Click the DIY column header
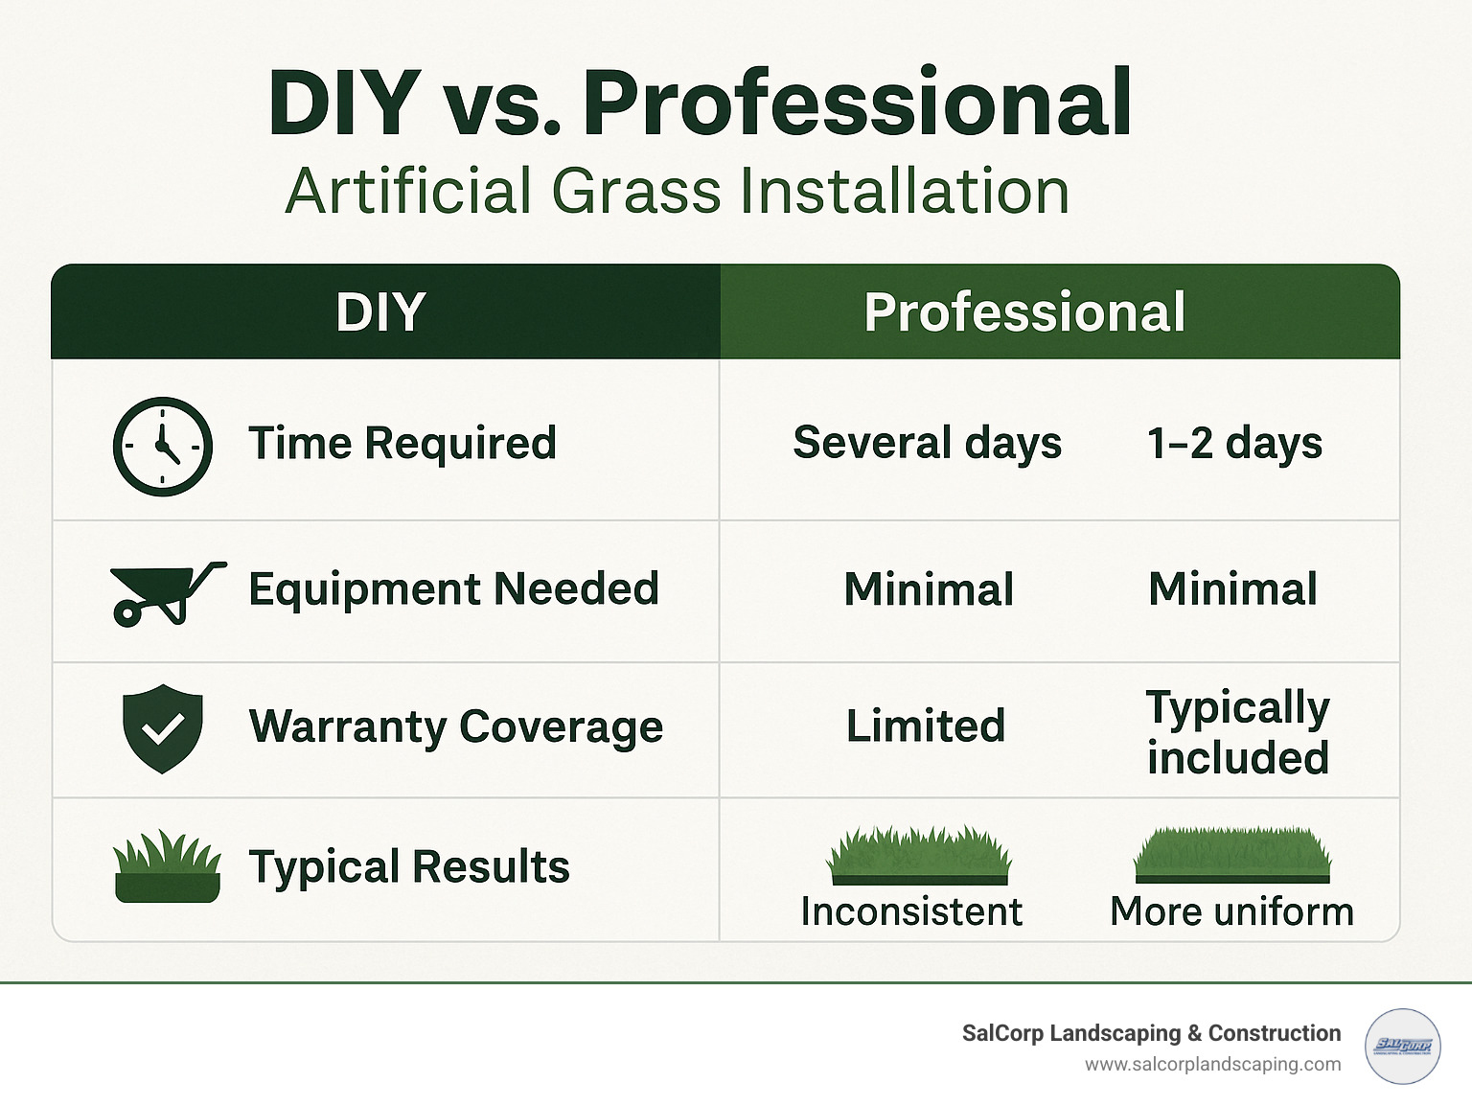pyautogui.click(x=380, y=312)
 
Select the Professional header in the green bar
pyautogui.click(x=1024, y=312)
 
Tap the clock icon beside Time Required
pyautogui.click(x=163, y=446)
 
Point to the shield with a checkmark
pyautogui.click(x=163, y=728)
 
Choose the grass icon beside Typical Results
pyautogui.click(x=167, y=867)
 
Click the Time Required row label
pyautogui.click(x=402, y=444)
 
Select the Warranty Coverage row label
pyautogui.click(x=455, y=726)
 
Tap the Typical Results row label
pyautogui.click(x=409, y=867)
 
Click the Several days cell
pyautogui.click(x=927, y=444)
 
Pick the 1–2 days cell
pyautogui.click(x=1234, y=444)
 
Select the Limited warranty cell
pyautogui.click(x=926, y=726)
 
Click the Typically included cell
pyautogui.click(x=1237, y=732)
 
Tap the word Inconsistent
pyautogui.click(x=911, y=911)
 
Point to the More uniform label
pyautogui.click(x=1231, y=911)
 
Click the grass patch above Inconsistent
pyautogui.click(x=919, y=856)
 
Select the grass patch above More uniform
pyautogui.click(x=1232, y=856)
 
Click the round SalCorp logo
pyautogui.click(x=1402, y=1047)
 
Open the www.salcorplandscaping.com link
pyautogui.click(x=1212, y=1065)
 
